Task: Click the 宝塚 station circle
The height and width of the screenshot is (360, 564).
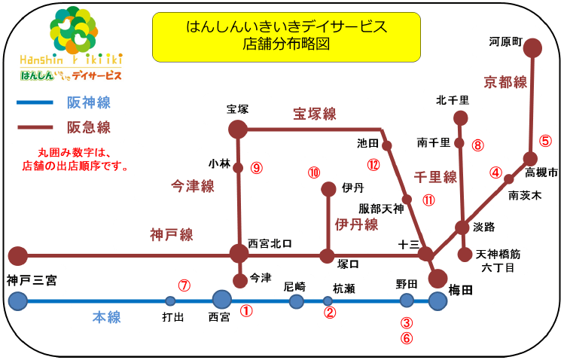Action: (x=238, y=130)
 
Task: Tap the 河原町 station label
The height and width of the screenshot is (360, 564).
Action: (x=505, y=41)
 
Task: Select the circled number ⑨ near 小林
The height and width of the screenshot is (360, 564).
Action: (x=257, y=168)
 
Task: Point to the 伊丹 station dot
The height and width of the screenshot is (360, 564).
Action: (x=328, y=189)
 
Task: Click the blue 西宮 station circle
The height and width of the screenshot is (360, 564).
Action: (x=222, y=300)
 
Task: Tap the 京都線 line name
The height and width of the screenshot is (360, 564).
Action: (x=505, y=82)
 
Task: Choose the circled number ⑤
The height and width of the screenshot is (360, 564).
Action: (x=545, y=141)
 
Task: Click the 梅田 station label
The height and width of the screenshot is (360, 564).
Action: (x=460, y=290)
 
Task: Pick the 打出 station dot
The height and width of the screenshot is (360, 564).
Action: (x=170, y=301)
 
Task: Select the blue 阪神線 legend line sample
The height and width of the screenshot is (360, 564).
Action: (x=35, y=103)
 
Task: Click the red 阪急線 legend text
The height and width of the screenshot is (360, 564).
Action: (x=89, y=127)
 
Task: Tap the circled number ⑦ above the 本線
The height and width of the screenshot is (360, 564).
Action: (x=184, y=285)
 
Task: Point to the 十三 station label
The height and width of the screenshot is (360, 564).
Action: (x=409, y=245)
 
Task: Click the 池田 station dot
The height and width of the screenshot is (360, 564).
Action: (x=387, y=145)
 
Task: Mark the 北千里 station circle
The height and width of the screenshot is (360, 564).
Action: (x=460, y=118)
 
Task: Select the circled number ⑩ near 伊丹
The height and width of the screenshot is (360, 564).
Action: (x=314, y=172)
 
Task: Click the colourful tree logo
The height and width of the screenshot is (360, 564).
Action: (x=74, y=30)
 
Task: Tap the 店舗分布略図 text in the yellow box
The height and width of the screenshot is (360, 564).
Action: (x=286, y=44)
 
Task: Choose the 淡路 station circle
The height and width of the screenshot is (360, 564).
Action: (x=462, y=227)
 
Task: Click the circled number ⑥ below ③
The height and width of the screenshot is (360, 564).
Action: (x=407, y=338)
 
